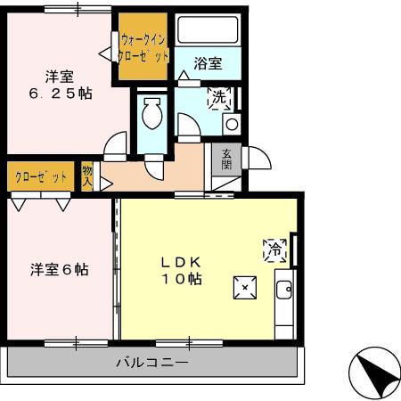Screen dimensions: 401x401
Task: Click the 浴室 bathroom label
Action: point(208,63)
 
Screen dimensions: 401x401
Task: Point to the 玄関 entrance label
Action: point(227,158)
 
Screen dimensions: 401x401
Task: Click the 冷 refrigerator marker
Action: point(274,250)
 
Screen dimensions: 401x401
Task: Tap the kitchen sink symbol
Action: point(284,289)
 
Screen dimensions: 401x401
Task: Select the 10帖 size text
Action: point(182,279)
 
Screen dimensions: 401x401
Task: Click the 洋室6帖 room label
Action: point(61,268)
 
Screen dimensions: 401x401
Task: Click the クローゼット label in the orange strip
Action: point(41,176)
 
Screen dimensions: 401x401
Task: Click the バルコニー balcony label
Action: point(152,363)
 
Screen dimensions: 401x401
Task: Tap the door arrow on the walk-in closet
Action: point(106,54)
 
